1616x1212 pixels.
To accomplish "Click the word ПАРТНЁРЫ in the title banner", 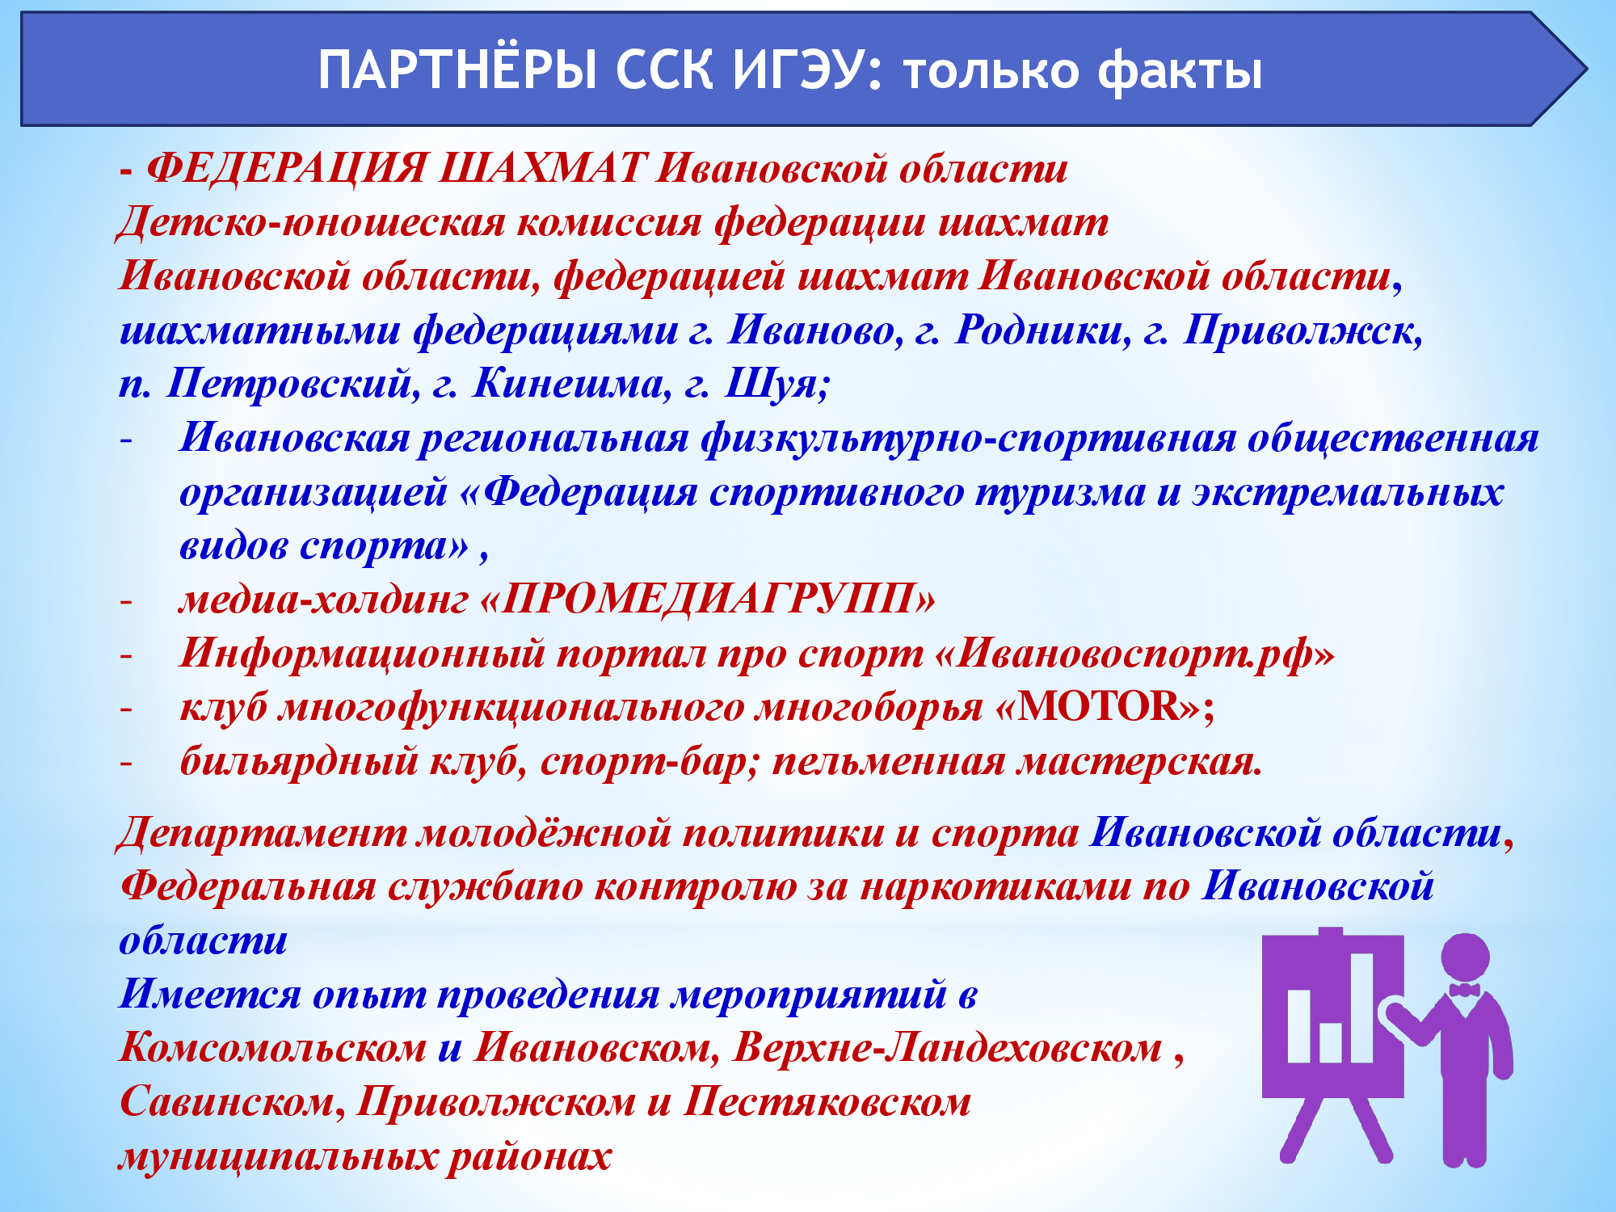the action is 457,70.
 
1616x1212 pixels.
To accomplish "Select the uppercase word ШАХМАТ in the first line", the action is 543,169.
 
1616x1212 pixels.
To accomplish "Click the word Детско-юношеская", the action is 311,222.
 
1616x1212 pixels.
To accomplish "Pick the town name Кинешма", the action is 571,384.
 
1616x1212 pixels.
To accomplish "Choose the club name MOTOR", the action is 1098,707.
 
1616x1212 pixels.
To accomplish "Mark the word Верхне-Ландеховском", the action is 948,1048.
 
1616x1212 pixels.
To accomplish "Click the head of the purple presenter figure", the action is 1465,958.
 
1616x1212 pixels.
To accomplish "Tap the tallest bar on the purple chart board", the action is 1362,1008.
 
